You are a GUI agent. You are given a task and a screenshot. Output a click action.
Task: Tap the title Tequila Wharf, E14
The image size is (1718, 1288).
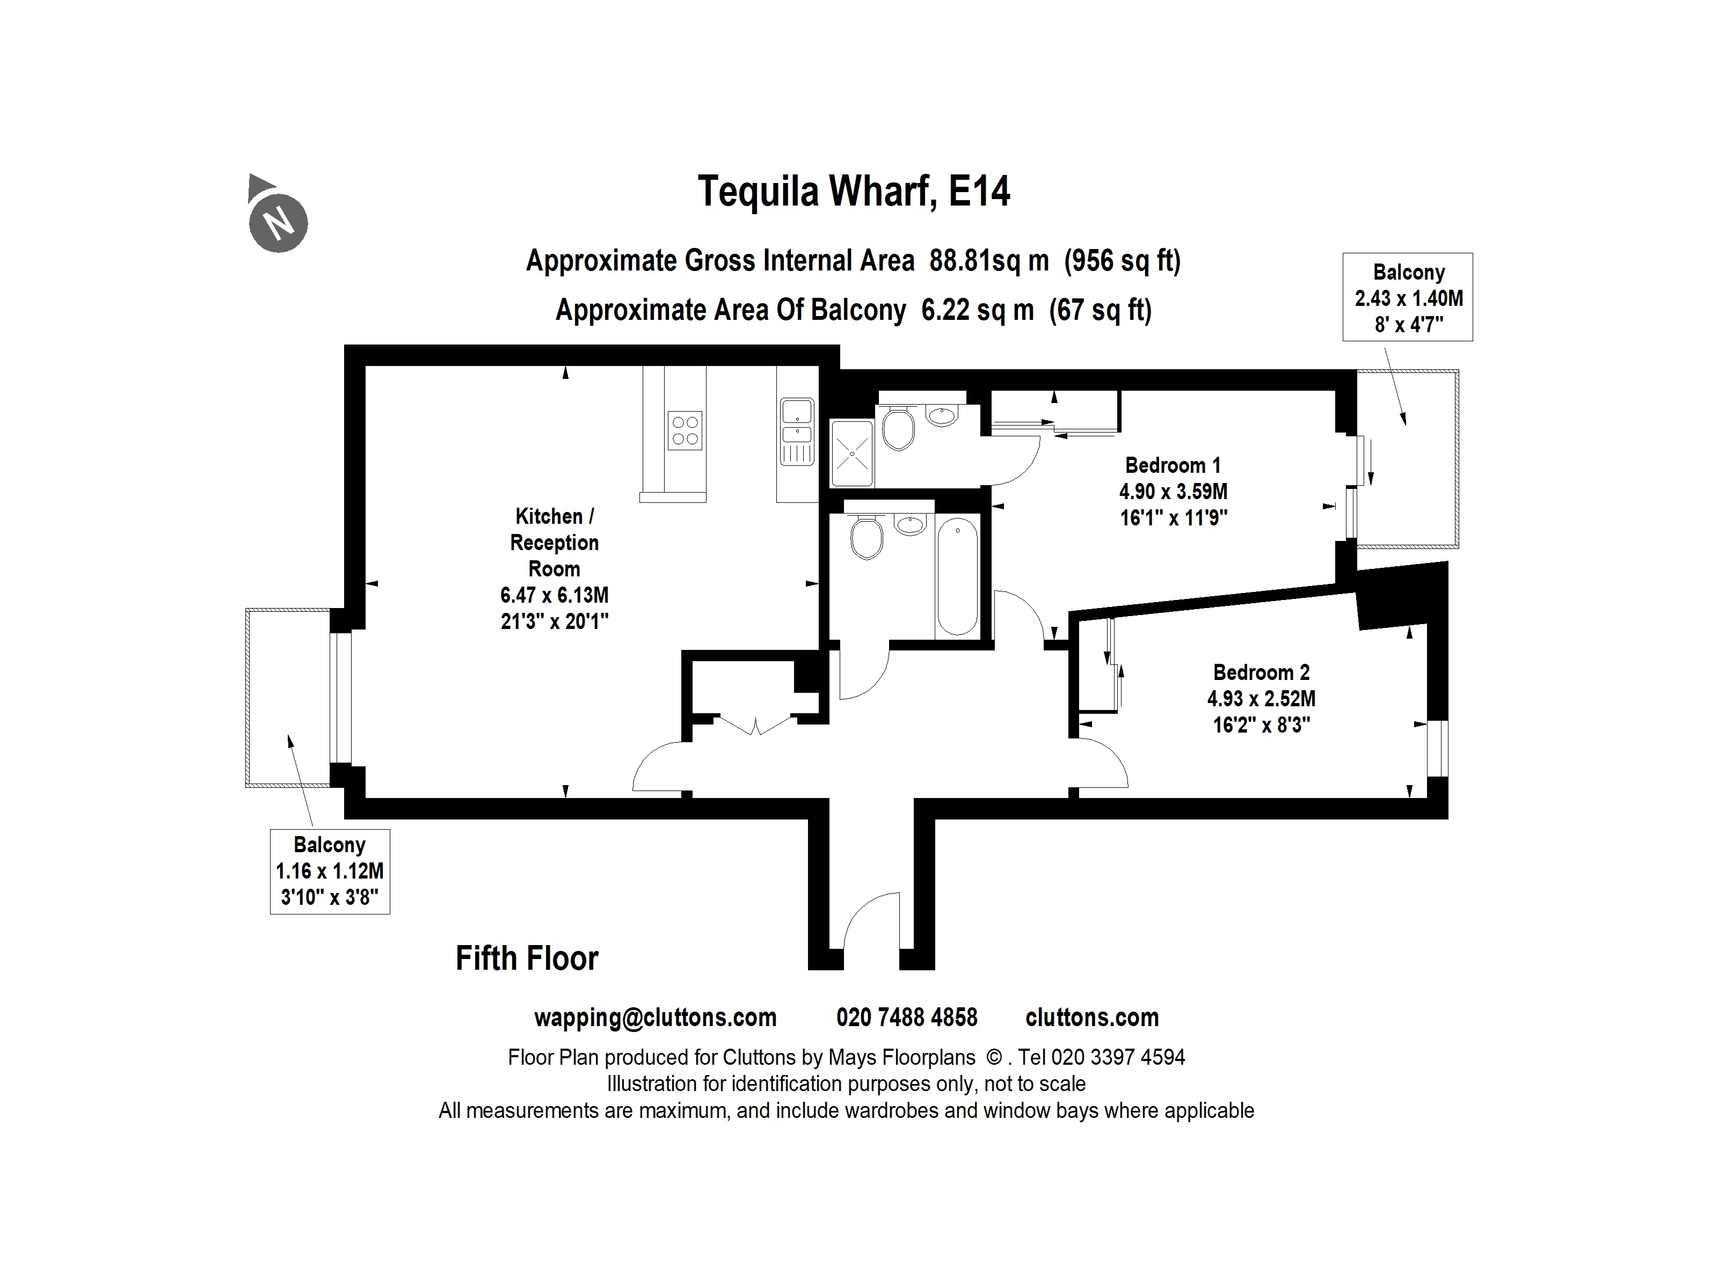[x=854, y=191]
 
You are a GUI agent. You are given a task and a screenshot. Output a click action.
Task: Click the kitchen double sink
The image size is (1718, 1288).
[x=797, y=423]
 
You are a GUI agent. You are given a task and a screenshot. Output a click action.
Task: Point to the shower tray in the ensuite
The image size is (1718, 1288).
[x=852, y=452]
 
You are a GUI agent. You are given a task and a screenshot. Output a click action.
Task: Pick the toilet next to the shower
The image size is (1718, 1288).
[x=899, y=429]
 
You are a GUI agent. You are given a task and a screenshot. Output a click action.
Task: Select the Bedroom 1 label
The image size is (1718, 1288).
[x=1173, y=466]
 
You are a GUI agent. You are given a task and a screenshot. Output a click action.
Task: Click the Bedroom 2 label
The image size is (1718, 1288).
[x=1261, y=672]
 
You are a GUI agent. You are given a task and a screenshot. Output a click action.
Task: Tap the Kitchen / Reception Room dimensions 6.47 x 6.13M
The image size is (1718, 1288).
[x=554, y=596]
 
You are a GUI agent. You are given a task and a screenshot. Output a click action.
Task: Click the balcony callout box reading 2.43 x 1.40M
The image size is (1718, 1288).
[x=1407, y=297]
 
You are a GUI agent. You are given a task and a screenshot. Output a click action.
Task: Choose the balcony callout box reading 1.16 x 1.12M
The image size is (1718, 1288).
[x=329, y=871]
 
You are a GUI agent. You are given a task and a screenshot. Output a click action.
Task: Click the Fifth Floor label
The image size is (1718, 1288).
[x=527, y=959]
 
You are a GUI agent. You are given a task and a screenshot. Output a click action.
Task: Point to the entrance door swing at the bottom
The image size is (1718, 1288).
[x=871, y=924]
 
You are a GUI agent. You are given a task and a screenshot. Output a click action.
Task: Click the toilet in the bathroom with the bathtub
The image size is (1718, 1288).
[x=866, y=538]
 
